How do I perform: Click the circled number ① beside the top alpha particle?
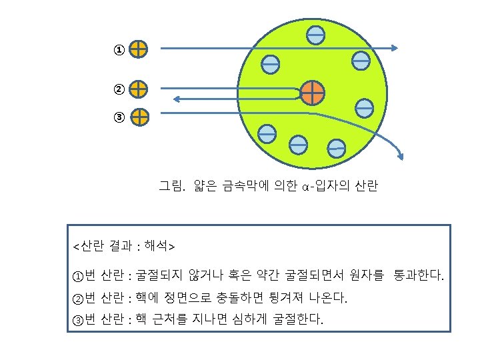pos(118,50)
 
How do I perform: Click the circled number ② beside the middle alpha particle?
pos(118,89)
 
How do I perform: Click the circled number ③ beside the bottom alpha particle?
pos(118,118)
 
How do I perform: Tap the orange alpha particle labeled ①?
pos(139,49)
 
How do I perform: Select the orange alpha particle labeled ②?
pos(139,89)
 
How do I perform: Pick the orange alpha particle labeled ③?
pos(139,117)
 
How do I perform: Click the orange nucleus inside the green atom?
pos(312,93)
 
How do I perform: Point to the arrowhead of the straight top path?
pos(394,48)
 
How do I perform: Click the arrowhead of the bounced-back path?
pos(177,99)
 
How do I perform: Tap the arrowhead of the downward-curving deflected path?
pos(401,157)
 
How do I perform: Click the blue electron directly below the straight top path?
pos(270,64)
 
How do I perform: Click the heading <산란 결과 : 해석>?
pos(124,247)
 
